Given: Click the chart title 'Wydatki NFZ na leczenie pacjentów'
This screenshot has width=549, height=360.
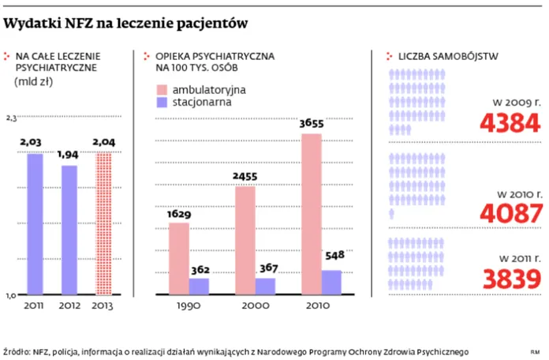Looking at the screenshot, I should (126, 24).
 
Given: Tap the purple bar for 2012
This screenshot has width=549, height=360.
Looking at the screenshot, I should (69, 230).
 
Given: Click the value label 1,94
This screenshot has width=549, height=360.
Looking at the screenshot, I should (69, 155).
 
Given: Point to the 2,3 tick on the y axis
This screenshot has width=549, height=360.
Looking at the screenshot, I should (11, 118).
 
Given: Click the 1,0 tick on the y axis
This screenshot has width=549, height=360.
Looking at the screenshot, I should (11, 294).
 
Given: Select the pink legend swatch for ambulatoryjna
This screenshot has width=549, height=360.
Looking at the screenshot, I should (162, 89).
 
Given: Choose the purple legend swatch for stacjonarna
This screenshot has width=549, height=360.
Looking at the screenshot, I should (162, 103).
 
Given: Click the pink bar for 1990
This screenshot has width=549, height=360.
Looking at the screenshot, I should (179, 259).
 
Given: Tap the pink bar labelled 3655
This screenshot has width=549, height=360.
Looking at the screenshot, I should (312, 214).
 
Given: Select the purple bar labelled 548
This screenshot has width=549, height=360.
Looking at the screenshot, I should (331, 282).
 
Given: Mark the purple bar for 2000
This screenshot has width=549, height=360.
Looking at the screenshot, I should (266, 286).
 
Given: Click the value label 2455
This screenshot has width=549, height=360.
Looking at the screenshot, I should (245, 176).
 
